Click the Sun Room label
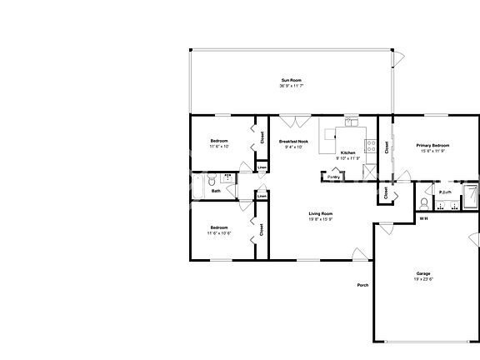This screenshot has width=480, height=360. click(x=290, y=80)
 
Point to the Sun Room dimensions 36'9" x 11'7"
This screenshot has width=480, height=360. click(x=290, y=87)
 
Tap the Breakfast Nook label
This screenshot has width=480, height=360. click(x=293, y=142)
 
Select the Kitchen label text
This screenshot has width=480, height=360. click(x=348, y=152)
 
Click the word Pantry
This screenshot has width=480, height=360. click(x=333, y=177)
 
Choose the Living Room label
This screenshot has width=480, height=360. click(x=321, y=213)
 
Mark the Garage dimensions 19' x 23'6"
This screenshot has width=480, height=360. click(x=423, y=279)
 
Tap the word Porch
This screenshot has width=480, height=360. click(x=362, y=285)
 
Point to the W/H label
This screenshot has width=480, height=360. click(x=423, y=218)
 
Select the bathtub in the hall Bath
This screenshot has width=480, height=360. click(x=197, y=187)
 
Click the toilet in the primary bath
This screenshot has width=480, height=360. click(x=425, y=202)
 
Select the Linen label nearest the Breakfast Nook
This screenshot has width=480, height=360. click(x=262, y=167)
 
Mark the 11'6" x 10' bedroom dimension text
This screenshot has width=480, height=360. click(x=219, y=146)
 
